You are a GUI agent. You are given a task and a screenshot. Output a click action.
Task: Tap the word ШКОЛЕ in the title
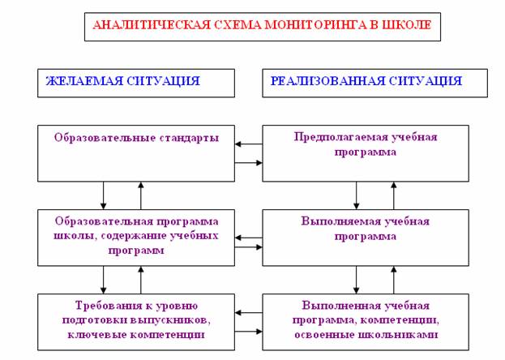(410, 25)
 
